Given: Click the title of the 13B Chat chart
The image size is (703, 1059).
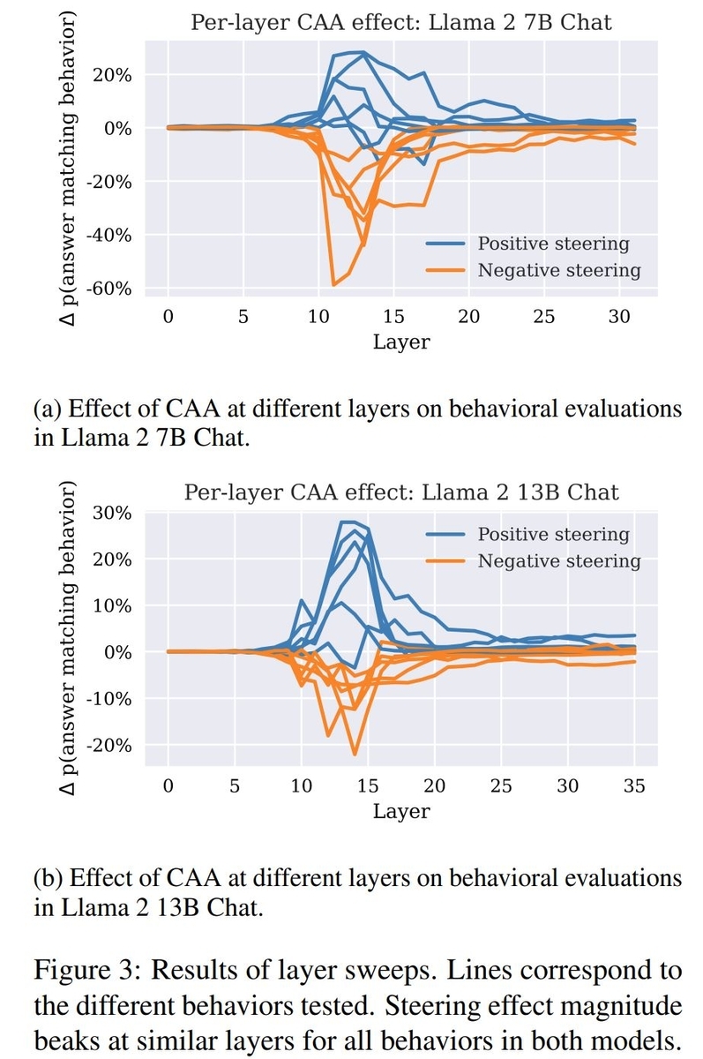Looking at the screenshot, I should point(401,491).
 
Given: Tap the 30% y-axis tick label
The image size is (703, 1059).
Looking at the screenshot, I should point(113,513).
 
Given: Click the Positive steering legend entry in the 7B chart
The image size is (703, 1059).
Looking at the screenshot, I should point(553,244).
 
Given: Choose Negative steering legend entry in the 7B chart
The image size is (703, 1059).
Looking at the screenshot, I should point(558,270).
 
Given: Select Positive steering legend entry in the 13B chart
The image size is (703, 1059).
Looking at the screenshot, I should point(553,534).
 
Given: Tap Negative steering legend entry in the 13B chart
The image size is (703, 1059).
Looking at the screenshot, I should point(558,560).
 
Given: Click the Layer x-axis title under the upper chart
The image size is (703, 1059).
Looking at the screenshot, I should point(401,342).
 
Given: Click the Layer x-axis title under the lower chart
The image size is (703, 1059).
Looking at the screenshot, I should point(401,810).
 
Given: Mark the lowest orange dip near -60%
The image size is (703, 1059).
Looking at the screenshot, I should point(333,285).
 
